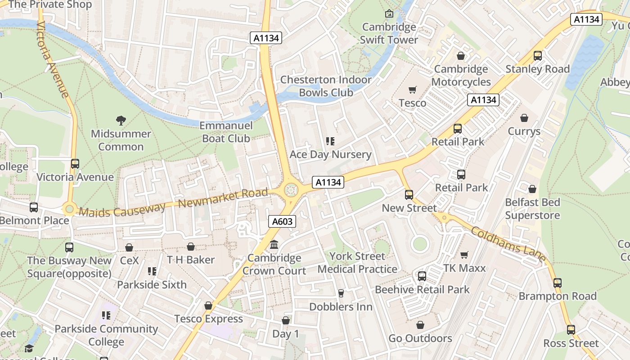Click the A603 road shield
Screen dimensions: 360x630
283,221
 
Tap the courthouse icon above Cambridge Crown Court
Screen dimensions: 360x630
274,245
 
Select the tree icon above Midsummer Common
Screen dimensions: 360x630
121,120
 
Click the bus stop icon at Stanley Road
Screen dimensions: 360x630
537,56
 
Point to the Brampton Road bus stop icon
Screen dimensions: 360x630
558,283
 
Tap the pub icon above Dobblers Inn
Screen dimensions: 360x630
341,293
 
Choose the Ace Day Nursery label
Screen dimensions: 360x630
330,154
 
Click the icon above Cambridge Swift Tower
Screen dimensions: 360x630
389,14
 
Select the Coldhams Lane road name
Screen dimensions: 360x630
508,244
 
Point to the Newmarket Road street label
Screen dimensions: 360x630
223,198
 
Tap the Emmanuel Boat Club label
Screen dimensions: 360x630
226,132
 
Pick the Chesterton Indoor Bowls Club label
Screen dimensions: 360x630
326,86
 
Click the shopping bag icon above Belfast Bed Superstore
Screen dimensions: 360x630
532,189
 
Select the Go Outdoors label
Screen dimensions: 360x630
420,338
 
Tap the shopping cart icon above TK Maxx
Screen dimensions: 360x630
464,255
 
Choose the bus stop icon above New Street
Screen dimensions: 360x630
409,195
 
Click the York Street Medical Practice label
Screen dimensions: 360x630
357,262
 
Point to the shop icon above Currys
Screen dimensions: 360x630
524,118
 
